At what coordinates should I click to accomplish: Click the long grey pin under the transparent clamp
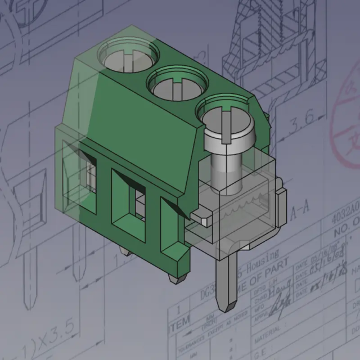click(x=228, y=281)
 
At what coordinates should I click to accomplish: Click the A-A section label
click(x=301, y=211)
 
